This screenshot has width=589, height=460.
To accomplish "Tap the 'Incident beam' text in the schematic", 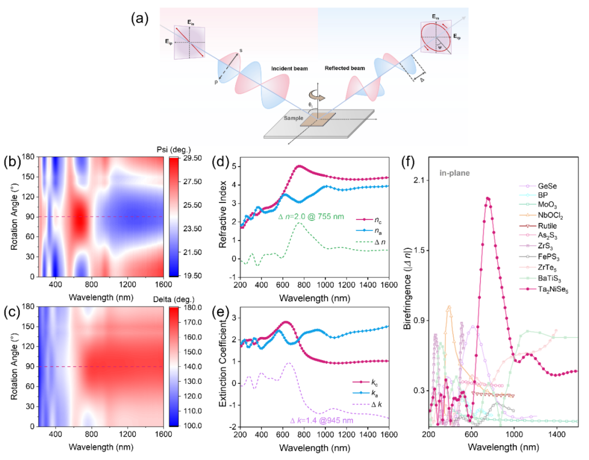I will [289, 69].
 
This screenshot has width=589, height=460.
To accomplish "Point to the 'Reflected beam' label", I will [343, 69].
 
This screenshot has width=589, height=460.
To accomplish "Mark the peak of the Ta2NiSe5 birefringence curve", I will [488, 198].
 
